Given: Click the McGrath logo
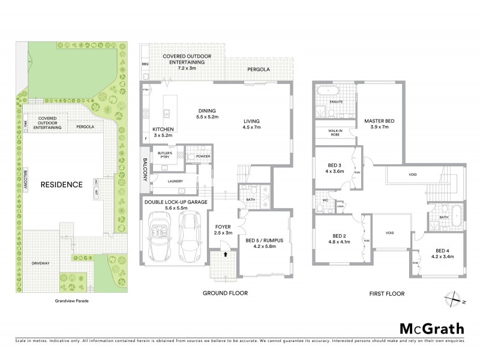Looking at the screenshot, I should tap(431, 328).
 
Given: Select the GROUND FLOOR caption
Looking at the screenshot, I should tap(225, 293).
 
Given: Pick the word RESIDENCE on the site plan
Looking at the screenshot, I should tap(61, 184).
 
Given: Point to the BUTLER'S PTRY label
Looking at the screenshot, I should tap(166, 155).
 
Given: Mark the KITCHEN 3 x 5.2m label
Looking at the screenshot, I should tap(163, 133).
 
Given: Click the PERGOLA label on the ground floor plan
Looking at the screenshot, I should tap(259, 70).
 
